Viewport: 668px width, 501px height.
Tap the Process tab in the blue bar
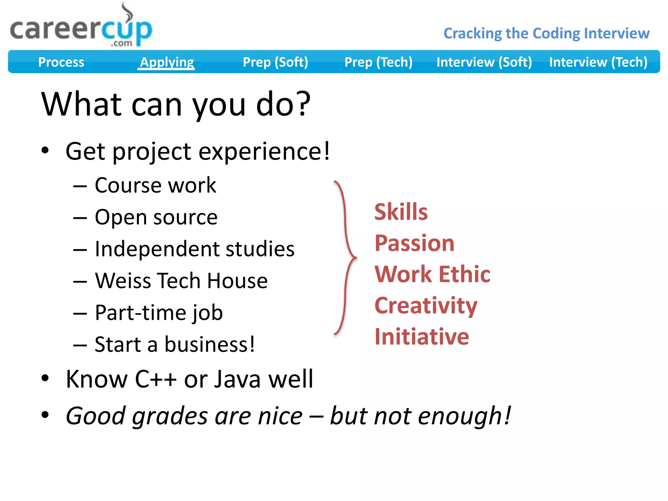point(61,62)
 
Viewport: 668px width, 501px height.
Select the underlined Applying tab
point(167,62)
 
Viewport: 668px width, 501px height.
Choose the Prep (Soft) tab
point(275,62)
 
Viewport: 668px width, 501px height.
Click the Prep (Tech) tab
point(378,62)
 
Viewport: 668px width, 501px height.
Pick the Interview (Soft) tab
point(484,62)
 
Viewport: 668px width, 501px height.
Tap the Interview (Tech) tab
point(598,62)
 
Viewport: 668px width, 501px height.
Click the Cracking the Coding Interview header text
point(546,33)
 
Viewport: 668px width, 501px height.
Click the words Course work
point(155,185)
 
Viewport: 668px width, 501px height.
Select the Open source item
point(156,217)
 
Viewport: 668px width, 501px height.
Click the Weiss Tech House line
point(181,281)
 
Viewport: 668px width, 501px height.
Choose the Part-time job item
point(159,313)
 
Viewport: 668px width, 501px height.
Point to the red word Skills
point(401,212)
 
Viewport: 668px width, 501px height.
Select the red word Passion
point(414,243)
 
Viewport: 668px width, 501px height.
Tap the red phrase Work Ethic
point(432,274)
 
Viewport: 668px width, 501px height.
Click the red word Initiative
point(421,337)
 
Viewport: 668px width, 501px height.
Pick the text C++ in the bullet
point(156,379)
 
